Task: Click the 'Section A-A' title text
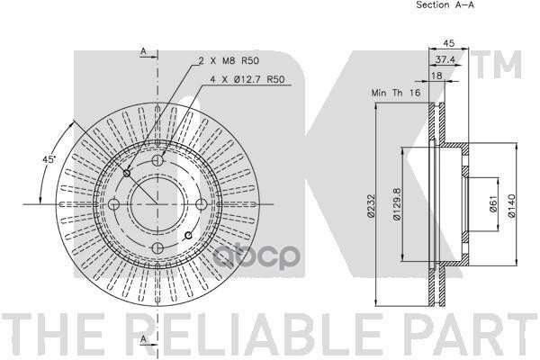(445, 4)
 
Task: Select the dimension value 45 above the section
(449, 43)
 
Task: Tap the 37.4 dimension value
(445, 59)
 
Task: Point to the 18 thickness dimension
(436, 76)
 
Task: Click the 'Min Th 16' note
(396, 93)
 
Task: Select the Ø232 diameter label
(370, 206)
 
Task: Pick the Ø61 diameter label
(493, 203)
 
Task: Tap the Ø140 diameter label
(512, 206)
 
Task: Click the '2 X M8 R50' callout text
(229, 61)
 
